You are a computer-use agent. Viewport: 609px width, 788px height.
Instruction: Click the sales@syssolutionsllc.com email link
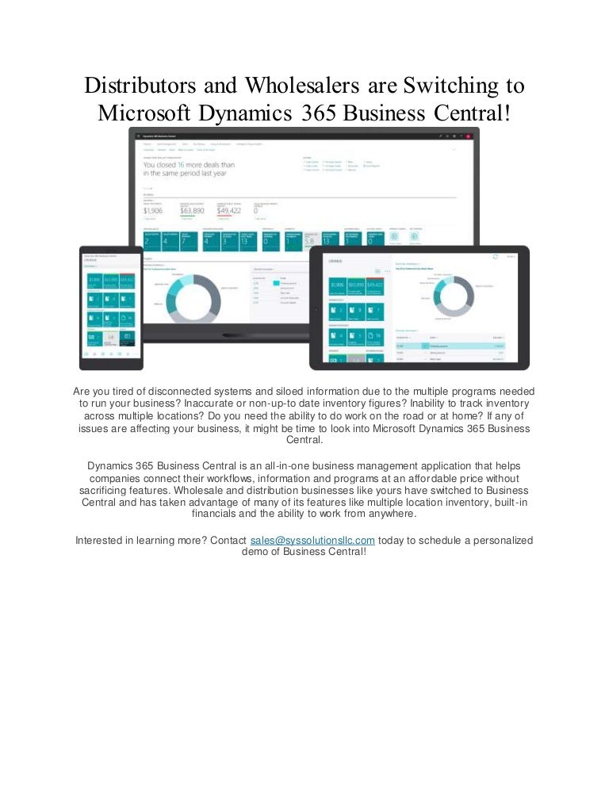[312, 540]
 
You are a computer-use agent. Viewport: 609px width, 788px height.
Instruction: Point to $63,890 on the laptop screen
[193, 211]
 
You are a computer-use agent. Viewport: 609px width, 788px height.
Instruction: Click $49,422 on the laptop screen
[231, 211]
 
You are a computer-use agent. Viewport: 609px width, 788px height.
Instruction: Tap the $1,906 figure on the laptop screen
[152, 211]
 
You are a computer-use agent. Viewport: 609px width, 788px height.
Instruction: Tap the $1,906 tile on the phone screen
[94, 281]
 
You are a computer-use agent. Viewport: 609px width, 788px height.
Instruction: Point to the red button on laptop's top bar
[469, 137]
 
